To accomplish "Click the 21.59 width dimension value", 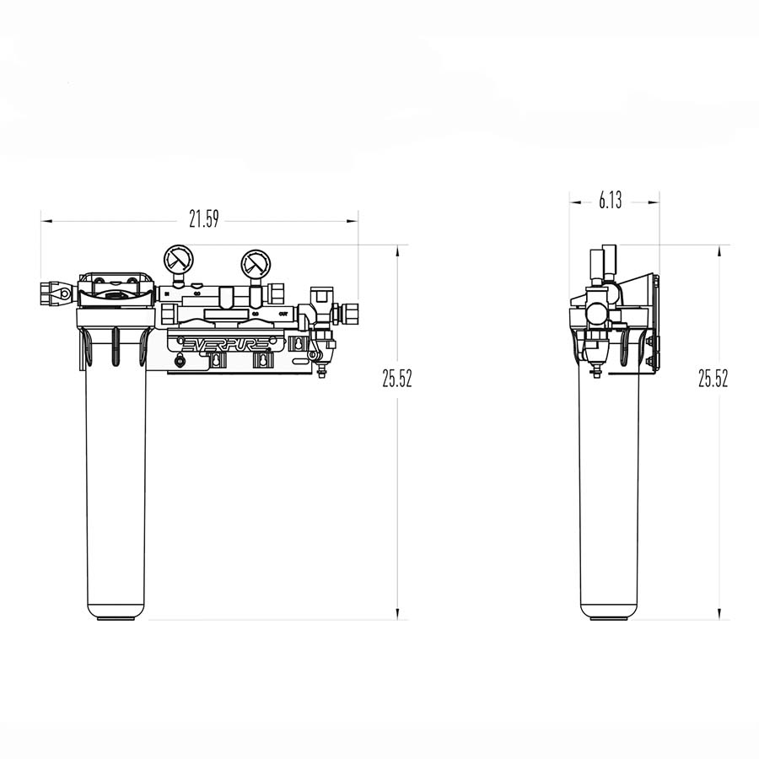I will pyautogui.click(x=203, y=221).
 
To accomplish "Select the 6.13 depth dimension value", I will pyautogui.click(x=611, y=201).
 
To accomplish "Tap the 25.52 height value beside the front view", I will pyautogui.click(x=396, y=379).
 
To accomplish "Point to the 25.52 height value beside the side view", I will pyautogui.click(x=713, y=379).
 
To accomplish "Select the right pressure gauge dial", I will pyautogui.click(x=254, y=262).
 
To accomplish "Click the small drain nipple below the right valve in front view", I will pyautogui.click(x=321, y=371).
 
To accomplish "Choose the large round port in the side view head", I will pyautogui.click(x=595, y=313).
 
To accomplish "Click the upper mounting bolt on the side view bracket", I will pyautogui.click(x=649, y=342).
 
